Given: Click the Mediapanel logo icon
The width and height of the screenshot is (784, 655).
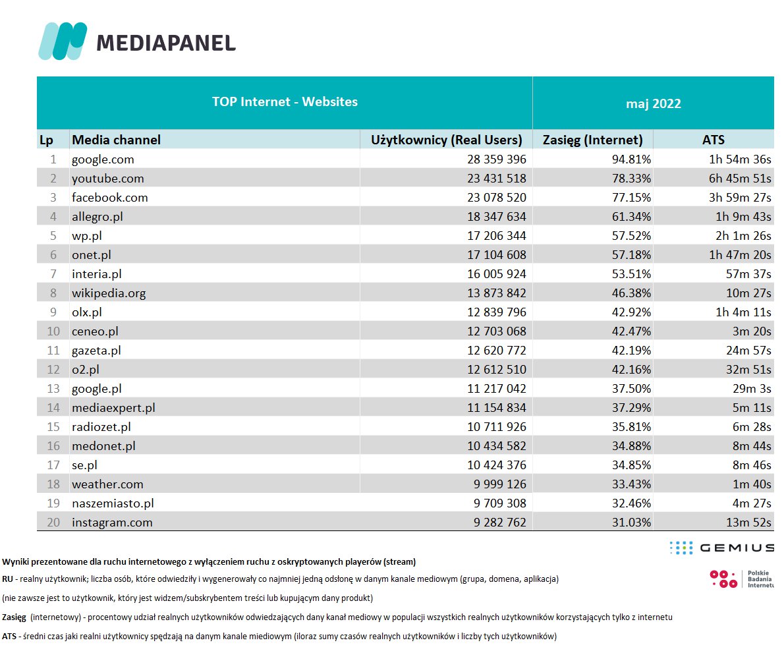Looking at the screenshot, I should click(x=63, y=42).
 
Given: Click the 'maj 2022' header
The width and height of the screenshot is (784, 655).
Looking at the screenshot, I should click(x=653, y=103).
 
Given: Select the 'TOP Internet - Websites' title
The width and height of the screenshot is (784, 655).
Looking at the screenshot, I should click(x=285, y=101).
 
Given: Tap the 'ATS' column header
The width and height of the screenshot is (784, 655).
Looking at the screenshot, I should click(x=713, y=140).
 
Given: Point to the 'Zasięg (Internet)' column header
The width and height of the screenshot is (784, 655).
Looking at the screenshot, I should click(x=592, y=140).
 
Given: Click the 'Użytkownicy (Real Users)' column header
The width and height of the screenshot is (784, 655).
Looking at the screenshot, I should click(x=446, y=140).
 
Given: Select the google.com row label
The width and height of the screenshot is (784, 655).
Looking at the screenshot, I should click(x=103, y=159).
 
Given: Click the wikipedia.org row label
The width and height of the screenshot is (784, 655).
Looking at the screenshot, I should click(x=109, y=293).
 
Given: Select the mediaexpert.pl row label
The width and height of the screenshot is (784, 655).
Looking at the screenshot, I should click(x=113, y=408).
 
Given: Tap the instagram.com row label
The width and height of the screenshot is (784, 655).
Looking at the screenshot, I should click(x=112, y=523).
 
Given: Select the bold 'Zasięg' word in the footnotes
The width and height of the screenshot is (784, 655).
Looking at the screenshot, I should click(x=14, y=617).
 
